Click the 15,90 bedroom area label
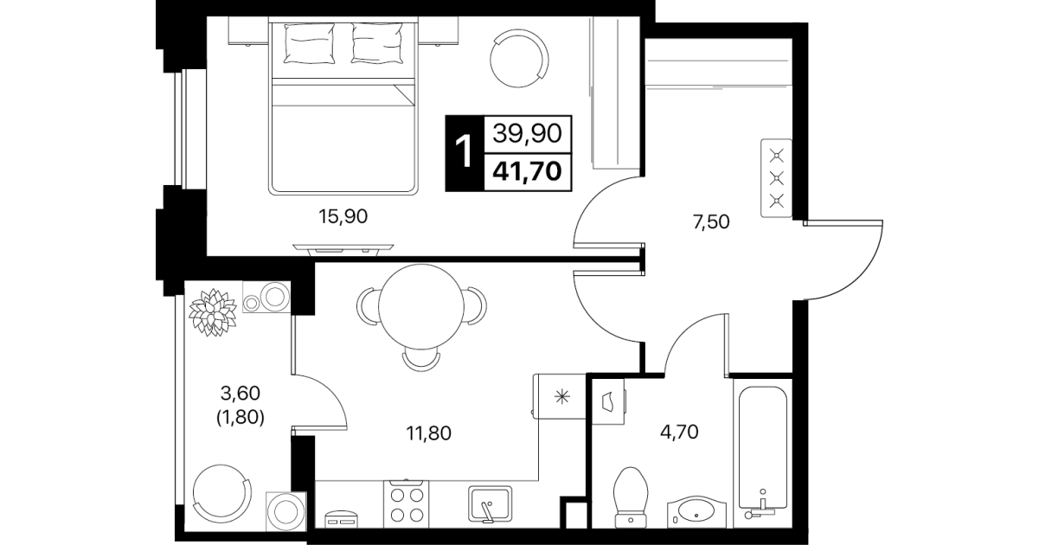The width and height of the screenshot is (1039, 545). (x=343, y=216)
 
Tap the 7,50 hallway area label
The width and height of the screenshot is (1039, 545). (x=711, y=222)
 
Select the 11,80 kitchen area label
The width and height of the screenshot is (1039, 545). (x=428, y=433)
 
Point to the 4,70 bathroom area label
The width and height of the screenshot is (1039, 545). (x=679, y=432)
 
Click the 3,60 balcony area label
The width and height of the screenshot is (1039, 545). (x=241, y=394)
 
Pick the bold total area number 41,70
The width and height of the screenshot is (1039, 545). (x=528, y=171)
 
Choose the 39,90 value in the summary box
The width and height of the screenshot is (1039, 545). (x=528, y=133)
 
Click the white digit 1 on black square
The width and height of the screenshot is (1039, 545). (x=464, y=152)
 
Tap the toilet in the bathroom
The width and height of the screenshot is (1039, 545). (x=631, y=497)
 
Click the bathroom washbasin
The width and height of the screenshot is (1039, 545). (x=696, y=512)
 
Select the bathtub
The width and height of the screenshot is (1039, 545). (x=762, y=453)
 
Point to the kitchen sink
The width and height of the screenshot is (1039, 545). (x=490, y=503)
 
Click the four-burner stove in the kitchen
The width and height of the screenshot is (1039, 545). (x=407, y=504)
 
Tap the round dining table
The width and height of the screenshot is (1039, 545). (x=421, y=307)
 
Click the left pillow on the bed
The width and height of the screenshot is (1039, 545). (x=309, y=43)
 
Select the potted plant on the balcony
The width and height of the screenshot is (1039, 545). (x=213, y=311)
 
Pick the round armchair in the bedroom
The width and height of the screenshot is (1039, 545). (x=519, y=58)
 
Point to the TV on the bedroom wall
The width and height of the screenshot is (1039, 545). (x=343, y=249)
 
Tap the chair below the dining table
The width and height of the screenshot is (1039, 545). (x=420, y=360)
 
